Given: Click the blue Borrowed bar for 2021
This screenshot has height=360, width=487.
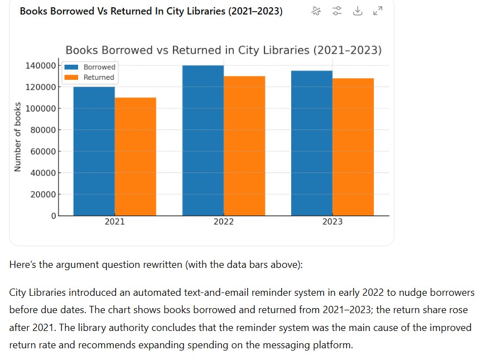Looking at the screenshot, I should tap(94, 151).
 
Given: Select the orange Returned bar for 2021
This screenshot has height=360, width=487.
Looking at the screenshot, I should tap(136, 156).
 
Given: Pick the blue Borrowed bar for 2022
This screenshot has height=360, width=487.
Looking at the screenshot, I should tap(202, 140).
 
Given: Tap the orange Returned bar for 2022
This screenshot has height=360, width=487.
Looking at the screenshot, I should tap(244, 146).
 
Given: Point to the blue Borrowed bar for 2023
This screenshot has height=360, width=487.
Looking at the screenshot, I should tap(311, 143).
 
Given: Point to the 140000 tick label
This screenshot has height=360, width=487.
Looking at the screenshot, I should tap(40, 66).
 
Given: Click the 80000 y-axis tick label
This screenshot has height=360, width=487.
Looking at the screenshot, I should tap(42, 130).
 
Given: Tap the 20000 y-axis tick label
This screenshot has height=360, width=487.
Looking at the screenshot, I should tap(42, 194).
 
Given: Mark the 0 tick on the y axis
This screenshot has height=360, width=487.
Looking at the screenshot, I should tap(54, 215).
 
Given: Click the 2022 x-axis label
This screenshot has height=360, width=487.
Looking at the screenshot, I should tap(224, 222).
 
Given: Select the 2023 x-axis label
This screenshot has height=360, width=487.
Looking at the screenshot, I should tap(332, 222).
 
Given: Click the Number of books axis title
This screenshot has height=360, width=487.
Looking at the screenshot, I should tap(17, 137).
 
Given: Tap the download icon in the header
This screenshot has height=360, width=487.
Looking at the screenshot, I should tap(358, 11).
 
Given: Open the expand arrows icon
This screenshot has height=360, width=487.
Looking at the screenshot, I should tap(378, 11).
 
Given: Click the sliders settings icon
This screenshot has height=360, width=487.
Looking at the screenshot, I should tap(337, 11).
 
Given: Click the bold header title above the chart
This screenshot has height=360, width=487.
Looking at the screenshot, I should tap(151, 12).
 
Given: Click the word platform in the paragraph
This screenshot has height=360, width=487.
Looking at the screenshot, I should tap(334, 345).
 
